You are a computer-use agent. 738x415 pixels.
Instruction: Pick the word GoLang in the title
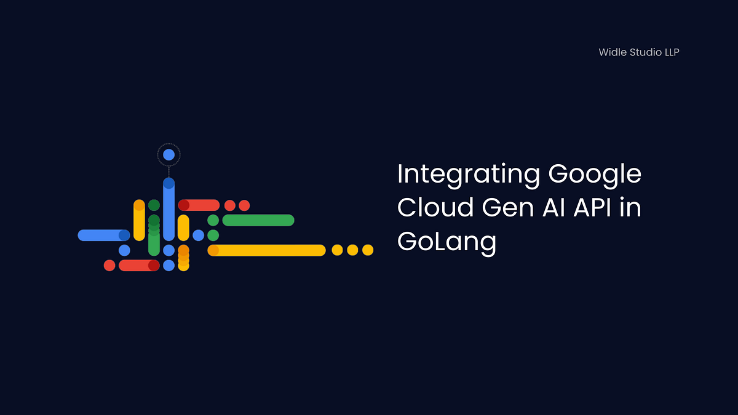(x=446, y=241)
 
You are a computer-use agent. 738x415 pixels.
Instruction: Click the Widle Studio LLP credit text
(x=639, y=52)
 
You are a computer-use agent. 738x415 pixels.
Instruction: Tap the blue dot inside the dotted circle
(x=169, y=155)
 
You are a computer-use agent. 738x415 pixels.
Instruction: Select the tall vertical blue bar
(x=169, y=210)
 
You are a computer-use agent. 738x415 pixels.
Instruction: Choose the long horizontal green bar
(x=258, y=220)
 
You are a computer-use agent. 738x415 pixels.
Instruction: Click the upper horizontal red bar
(x=199, y=205)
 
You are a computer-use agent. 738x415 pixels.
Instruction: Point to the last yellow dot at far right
(x=368, y=250)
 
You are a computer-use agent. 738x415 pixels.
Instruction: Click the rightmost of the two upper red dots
(x=244, y=205)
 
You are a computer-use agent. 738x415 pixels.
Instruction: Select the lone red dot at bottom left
(x=109, y=266)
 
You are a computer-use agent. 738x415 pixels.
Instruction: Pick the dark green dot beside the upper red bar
(x=154, y=205)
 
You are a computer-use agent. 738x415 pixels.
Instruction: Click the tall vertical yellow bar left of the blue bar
(x=139, y=220)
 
